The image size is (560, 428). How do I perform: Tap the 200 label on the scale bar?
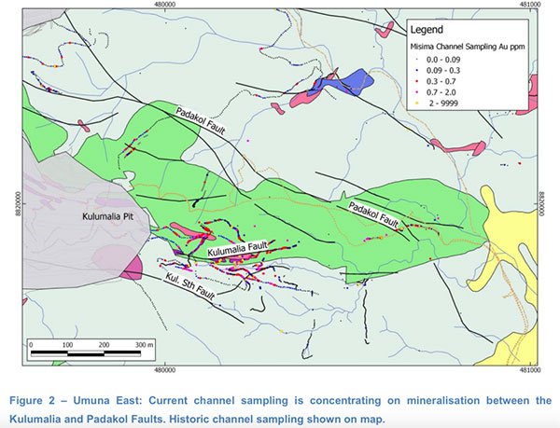click(x=104, y=344)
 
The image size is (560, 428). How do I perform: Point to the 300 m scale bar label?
click(x=143, y=344)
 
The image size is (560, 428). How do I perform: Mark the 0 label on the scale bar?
click(x=32, y=344)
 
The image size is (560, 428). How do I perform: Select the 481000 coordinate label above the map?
click(x=525, y=5)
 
